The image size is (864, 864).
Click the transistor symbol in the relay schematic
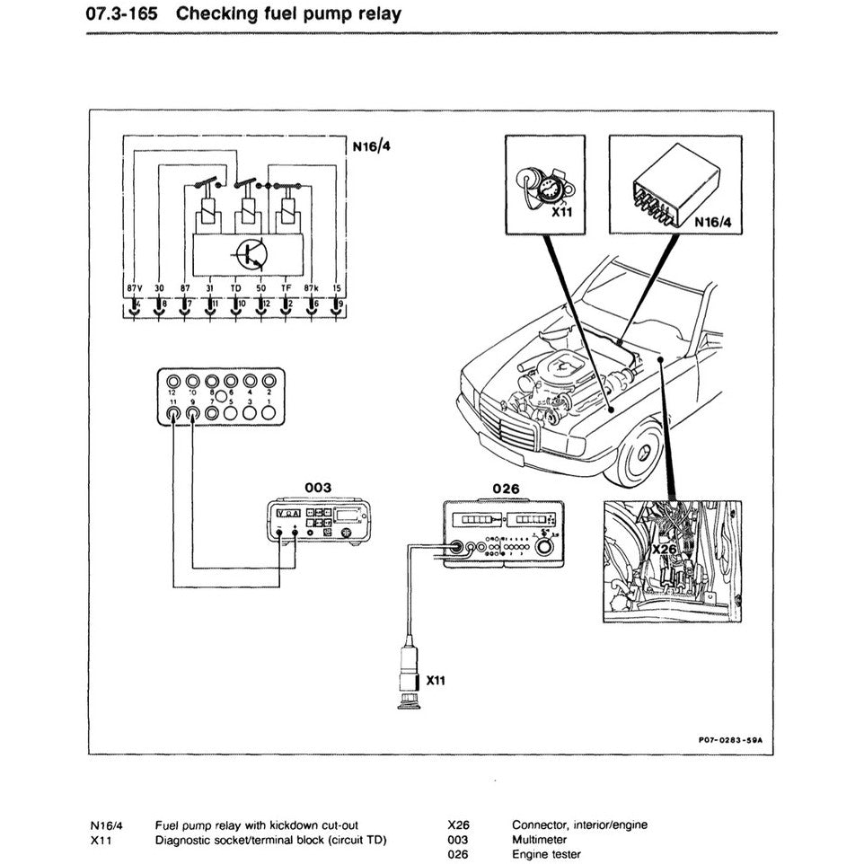coord(250,256)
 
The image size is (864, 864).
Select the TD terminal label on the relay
coord(236,287)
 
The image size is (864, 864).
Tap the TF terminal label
coord(287,287)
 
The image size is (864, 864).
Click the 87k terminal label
coord(313,287)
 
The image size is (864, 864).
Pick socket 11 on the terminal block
coord(174,414)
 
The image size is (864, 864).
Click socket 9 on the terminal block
coord(193,414)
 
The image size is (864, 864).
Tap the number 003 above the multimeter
coord(318,487)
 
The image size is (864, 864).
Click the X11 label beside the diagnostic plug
coord(436,680)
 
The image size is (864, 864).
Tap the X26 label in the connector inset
coord(664,548)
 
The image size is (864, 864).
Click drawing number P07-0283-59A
coord(735,740)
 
